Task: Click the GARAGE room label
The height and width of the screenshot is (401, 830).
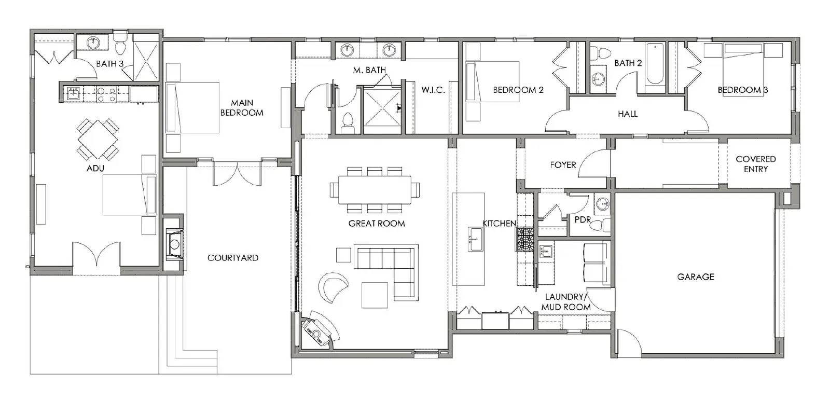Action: point(696,277)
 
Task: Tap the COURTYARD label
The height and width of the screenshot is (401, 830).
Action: point(233,258)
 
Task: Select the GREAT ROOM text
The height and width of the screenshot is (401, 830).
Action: point(377,224)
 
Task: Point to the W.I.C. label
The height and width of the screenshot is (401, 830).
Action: point(433,90)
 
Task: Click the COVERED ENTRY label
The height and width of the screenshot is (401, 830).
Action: point(755,164)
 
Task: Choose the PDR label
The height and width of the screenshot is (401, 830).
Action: point(583,220)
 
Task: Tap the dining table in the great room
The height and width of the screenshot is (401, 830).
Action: point(374,190)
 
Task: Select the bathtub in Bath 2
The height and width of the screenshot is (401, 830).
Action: point(655,64)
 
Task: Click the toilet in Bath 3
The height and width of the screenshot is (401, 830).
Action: point(120,44)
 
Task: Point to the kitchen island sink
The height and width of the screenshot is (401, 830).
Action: point(476,239)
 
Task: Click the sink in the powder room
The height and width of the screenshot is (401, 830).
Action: point(602,203)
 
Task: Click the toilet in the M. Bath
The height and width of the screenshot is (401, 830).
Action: point(348,122)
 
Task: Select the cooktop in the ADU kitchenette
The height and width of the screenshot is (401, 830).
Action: point(107,94)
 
